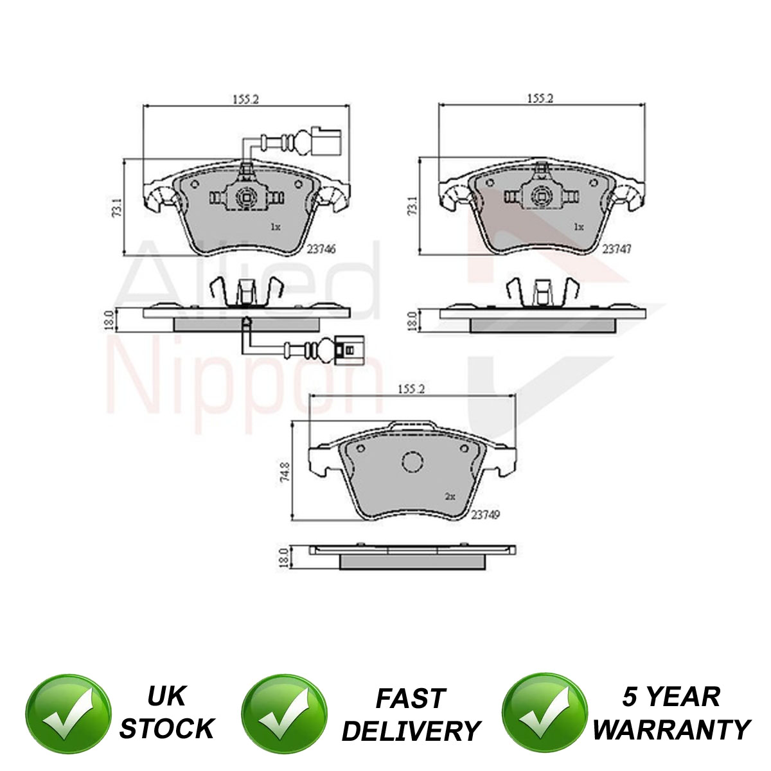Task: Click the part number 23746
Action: [321, 249]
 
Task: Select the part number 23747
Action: [617, 249]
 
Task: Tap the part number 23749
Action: [485, 515]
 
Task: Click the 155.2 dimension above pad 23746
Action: [246, 99]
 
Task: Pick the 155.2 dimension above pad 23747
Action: [540, 98]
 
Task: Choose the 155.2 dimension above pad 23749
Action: [411, 389]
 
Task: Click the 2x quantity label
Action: [450, 497]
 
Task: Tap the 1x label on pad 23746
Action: [275, 227]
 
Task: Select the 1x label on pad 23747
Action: [578, 227]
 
